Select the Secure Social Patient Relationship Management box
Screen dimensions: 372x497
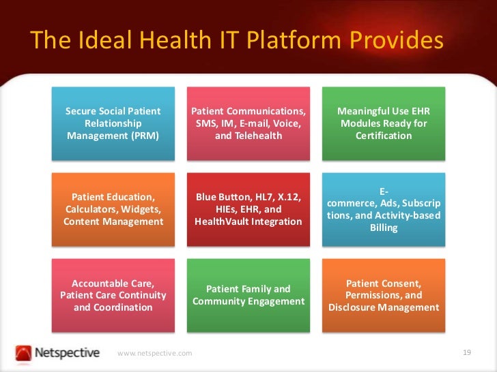tap(113, 123)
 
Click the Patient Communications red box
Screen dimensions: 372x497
tap(248, 123)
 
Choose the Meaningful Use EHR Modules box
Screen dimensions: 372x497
tap(383, 123)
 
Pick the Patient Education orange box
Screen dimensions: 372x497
tap(113, 209)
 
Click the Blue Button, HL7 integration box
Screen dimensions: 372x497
tap(248, 209)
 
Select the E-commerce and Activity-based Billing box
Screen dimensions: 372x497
tap(383, 209)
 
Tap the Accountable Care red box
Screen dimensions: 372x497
tap(113, 295)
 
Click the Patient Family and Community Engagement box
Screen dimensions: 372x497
tap(248, 295)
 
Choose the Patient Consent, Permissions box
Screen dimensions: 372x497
tap(383, 295)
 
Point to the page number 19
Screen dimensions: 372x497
tap(467, 352)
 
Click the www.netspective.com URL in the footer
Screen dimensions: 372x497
tap(155, 353)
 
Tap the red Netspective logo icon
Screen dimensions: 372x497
tap(24, 353)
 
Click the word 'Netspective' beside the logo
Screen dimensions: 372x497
tap(68, 353)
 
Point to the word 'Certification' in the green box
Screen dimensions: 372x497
tap(384, 136)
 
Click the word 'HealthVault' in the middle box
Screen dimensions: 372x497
tap(221, 221)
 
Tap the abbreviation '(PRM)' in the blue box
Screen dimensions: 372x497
tap(144, 136)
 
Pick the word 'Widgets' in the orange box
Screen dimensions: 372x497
tap(138, 209)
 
